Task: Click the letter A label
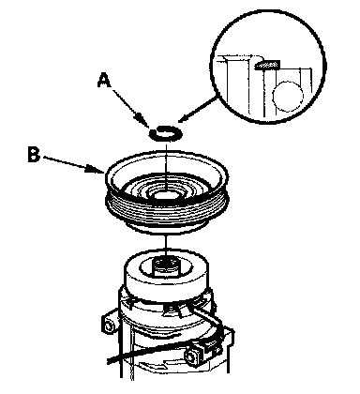point(104,81)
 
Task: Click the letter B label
point(34,154)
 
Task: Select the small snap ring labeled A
point(166,134)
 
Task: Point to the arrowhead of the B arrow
point(97,169)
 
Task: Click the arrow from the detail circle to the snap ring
point(198,110)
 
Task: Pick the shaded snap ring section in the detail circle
point(267,65)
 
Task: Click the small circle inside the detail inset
point(288,97)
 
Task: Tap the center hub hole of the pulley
point(166,194)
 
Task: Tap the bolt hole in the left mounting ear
point(109,326)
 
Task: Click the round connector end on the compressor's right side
point(190,356)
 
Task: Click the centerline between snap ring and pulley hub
point(167,165)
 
